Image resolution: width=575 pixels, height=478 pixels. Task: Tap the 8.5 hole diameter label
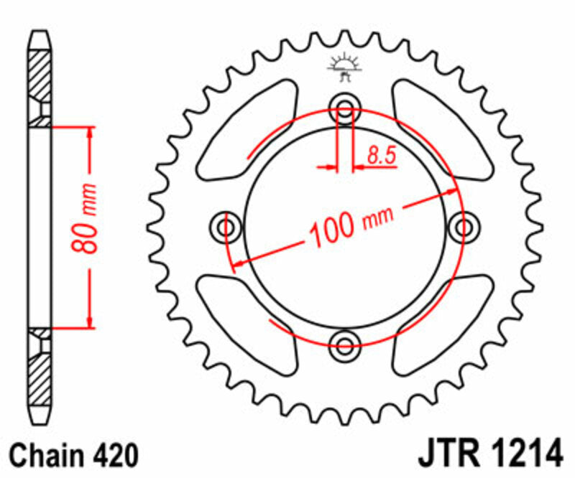click(x=382, y=155)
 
